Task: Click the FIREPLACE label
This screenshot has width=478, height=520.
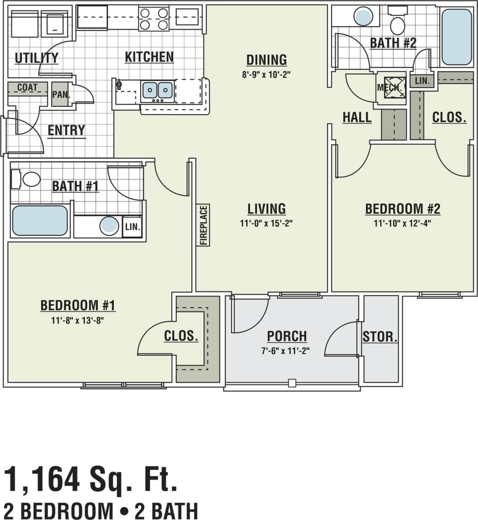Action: pyautogui.click(x=204, y=225)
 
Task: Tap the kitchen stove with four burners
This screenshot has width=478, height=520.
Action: pyautogui.click(x=154, y=19)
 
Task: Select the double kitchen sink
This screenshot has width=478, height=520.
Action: pyautogui.click(x=158, y=90)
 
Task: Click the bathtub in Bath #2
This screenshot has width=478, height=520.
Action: pyautogui.click(x=457, y=37)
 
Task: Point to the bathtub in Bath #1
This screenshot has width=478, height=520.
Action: pyautogui.click(x=40, y=221)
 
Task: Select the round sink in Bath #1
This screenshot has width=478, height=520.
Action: pyautogui.click(x=109, y=226)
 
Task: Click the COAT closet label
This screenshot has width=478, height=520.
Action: pyautogui.click(x=27, y=87)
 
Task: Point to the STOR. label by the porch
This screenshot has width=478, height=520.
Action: pyautogui.click(x=380, y=338)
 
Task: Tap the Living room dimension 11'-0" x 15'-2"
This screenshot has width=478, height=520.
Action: pyautogui.click(x=267, y=223)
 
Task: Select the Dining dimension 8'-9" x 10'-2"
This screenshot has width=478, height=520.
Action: pyautogui.click(x=267, y=74)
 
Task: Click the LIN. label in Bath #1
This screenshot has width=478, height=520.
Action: pyautogui.click(x=132, y=227)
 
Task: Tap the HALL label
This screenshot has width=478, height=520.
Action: pyautogui.click(x=357, y=117)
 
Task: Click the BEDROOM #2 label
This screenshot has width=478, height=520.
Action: pyautogui.click(x=403, y=209)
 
